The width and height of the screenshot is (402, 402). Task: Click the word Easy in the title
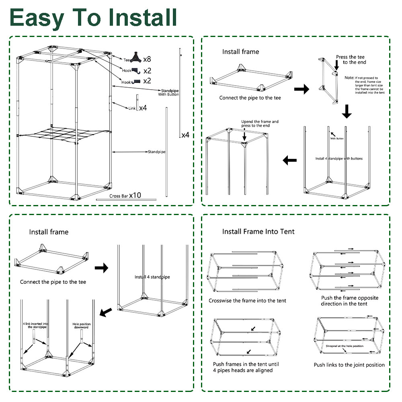pyautogui.click(x=37, y=17)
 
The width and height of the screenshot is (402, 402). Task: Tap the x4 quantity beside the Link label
pyautogui.click(x=143, y=108)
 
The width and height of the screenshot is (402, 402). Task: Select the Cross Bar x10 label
pyautogui.click(x=125, y=195)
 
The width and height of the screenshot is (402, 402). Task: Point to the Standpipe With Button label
pyautogui.click(x=168, y=93)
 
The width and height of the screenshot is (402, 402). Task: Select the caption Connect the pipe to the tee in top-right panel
pyautogui.click(x=250, y=98)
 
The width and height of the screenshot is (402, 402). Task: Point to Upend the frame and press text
pyautogui.click(x=260, y=123)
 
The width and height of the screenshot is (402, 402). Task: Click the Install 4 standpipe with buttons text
pyautogui.click(x=339, y=158)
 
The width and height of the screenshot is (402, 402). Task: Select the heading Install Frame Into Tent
pyautogui.click(x=258, y=232)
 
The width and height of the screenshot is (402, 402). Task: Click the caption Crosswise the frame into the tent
pyautogui.click(x=247, y=301)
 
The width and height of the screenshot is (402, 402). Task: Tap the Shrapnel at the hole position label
pyautogui.click(x=344, y=346)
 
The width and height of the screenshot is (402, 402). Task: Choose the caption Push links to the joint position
pyautogui.click(x=349, y=365)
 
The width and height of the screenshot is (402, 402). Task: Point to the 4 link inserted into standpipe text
pyautogui.click(x=36, y=325)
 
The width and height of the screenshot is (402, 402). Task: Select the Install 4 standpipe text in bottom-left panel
pyautogui.click(x=152, y=277)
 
